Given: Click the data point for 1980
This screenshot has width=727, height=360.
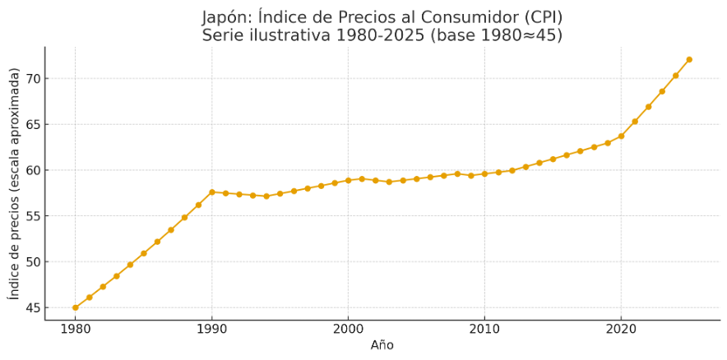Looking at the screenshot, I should click(x=76, y=307).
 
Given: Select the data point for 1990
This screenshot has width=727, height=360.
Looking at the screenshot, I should click(x=212, y=192).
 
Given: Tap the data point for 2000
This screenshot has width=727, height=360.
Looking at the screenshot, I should click(x=348, y=180).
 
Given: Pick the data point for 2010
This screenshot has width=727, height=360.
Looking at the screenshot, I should click(x=484, y=173).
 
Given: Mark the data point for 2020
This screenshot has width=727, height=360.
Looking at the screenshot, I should click(x=621, y=136).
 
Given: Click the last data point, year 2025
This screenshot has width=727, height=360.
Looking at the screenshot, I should click(x=689, y=59).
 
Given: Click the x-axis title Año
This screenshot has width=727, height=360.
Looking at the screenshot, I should click(x=382, y=345).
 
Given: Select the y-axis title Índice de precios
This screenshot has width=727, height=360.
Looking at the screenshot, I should click(x=13, y=183).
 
